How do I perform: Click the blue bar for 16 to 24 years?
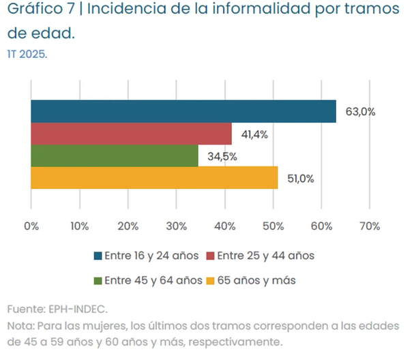pos(183,111)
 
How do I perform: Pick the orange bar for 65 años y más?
pos(154,177)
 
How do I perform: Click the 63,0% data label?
pos(360,112)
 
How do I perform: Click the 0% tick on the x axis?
pos(31,226)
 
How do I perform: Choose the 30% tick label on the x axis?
pos(176,226)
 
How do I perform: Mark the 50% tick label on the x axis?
pos(273,226)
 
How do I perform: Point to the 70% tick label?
pos(369,226)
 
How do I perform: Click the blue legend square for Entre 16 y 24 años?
pos(98,256)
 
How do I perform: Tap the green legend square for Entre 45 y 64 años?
pos(98,280)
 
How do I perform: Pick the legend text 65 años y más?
pos(256,280)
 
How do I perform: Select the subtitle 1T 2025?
pos(27,55)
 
